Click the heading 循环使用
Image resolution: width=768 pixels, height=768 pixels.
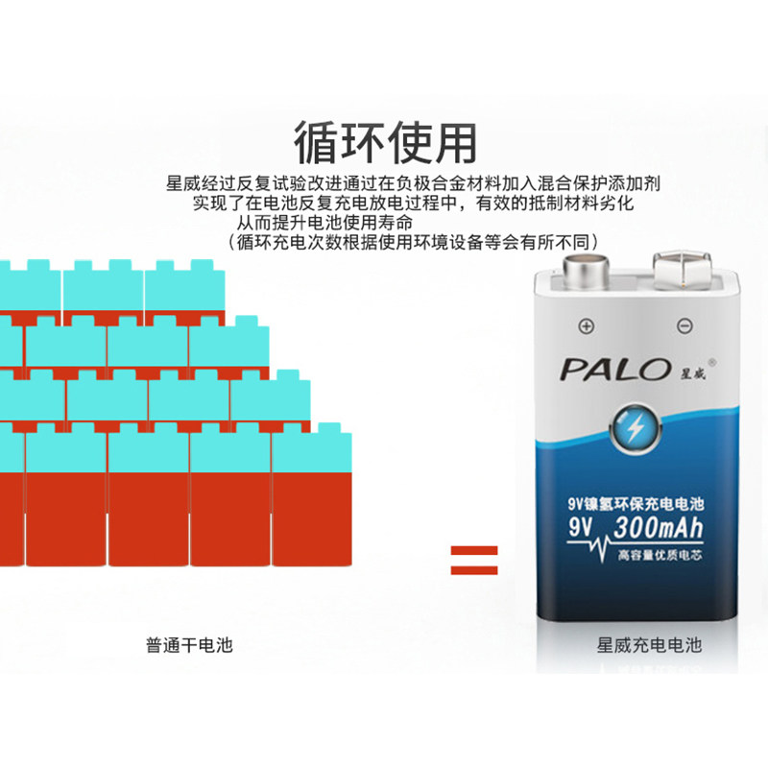tap(384, 142)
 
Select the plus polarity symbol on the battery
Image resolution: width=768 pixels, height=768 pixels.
tap(587, 325)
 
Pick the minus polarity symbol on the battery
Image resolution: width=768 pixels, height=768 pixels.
tap(684, 325)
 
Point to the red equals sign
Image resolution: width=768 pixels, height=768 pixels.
tap(474, 561)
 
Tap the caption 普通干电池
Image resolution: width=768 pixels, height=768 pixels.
tap(189, 645)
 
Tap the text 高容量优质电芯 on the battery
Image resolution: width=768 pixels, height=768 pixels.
tap(660, 555)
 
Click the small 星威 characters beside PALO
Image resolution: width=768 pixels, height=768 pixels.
tap(681, 371)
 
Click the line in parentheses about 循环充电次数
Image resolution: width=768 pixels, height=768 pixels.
tap(413, 241)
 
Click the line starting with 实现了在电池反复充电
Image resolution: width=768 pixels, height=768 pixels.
tap(413, 203)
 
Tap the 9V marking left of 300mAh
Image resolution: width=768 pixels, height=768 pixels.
tap(581, 528)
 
